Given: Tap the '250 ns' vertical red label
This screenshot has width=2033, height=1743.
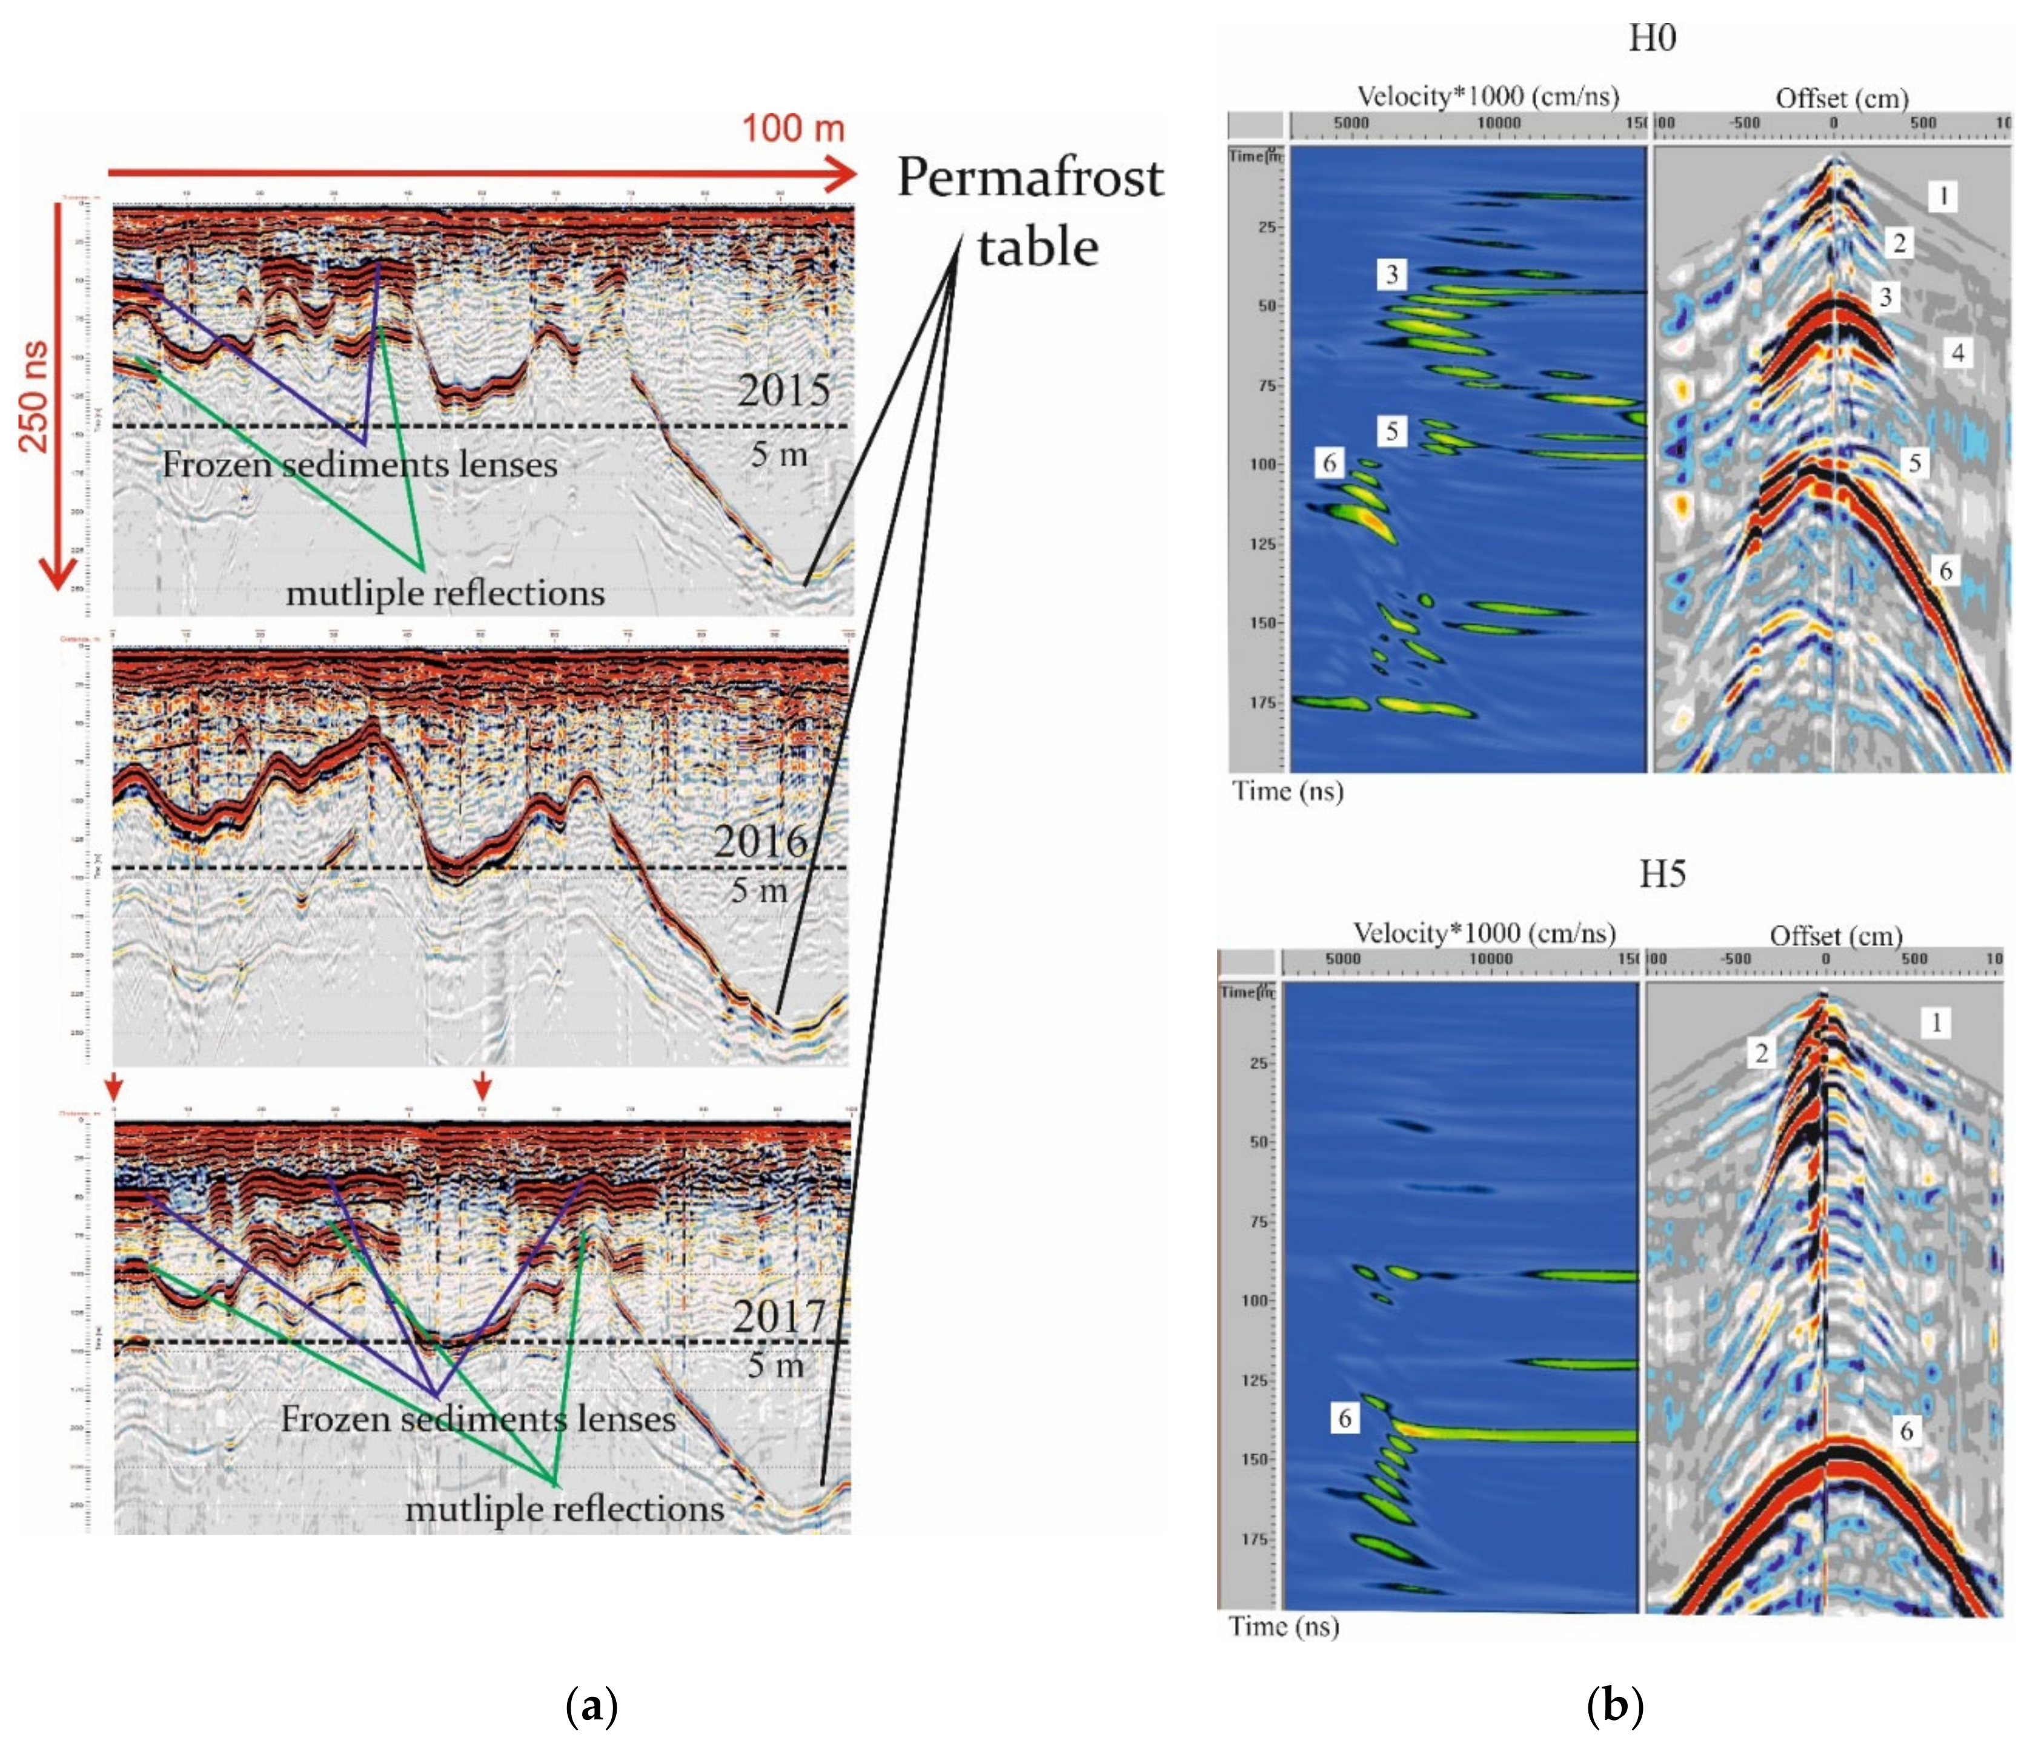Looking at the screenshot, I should click(x=35, y=396).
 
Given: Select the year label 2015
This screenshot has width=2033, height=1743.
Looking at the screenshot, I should click(x=783, y=391).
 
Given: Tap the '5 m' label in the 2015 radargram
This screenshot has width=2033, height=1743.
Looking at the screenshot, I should click(x=778, y=454).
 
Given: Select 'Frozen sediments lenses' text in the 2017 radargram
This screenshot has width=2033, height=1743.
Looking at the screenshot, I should click(x=478, y=1418).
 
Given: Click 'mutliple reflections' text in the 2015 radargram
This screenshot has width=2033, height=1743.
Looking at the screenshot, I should click(x=445, y=592).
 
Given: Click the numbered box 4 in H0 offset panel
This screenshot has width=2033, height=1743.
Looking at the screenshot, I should click(x=1957, y=353).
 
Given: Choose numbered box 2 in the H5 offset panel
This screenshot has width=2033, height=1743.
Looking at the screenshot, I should click(x=1761, y=1053).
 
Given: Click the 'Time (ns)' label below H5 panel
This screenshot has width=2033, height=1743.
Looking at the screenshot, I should click(x=1284, y=1626).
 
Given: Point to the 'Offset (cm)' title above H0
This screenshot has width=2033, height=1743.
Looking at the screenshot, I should click(x=1842, y=98).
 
